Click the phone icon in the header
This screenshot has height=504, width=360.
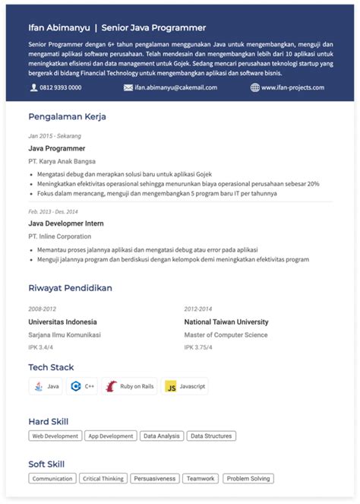[x=33, y=87]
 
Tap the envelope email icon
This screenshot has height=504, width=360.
[x=128, y=87]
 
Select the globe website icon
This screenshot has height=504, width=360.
[x=254, y=87]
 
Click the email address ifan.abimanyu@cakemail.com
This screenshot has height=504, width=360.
[x=175, y=87]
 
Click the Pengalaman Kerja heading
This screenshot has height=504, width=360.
[x=67, y=117]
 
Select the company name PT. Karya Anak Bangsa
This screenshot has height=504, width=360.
[x=62, y=161]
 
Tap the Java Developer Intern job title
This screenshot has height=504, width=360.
[x=66, y=223]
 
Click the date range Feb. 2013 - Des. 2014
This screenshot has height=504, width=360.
[x=53, y=211]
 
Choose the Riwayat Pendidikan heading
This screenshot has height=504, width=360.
[x=70, y=288]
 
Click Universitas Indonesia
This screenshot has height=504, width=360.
[x=62, y=322]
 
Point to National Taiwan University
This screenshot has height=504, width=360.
[x=226, y=322]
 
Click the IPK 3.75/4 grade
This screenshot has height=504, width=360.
[x=198, y=347]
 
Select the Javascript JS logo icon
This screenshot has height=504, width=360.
[x=171, y=386]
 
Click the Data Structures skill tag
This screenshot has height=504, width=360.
[x=210, y=436]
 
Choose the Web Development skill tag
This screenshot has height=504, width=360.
[x=55, y=436]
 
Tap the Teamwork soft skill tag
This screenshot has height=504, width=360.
[x=201, y=479]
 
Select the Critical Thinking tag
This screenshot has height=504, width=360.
[x=103, y=479]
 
